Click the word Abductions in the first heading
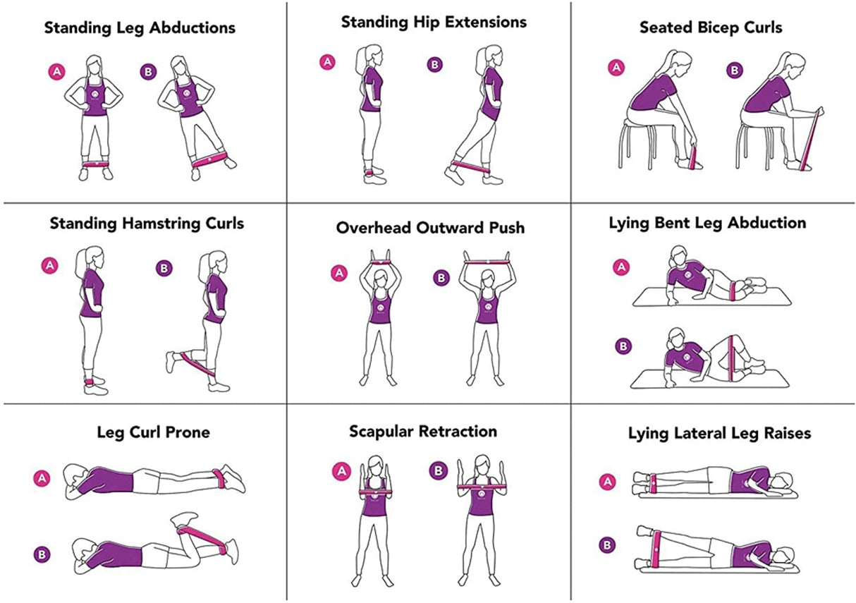pyautogui.click(x=192, y=28)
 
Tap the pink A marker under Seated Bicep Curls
pyautogui.click(x=616, y=67)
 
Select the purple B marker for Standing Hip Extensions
pyautogui.click(x=435, y=65)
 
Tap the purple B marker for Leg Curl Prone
pyautogui.click(x=42, y=554)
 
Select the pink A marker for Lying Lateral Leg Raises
pyautogui.click(x=608, y=482)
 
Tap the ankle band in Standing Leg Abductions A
pyautogui.click(x=95, y=164)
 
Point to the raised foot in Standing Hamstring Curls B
pyautogui.click(x=171, y=362)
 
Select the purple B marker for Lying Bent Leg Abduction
pyautogui.click(x=623, y=346)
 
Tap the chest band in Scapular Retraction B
pyautogui.click(x=482, y=487)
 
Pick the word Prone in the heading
pyautogui.click(x=188, y=432)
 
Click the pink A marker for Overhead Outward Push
pyautogui.click(x=339, y=273)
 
